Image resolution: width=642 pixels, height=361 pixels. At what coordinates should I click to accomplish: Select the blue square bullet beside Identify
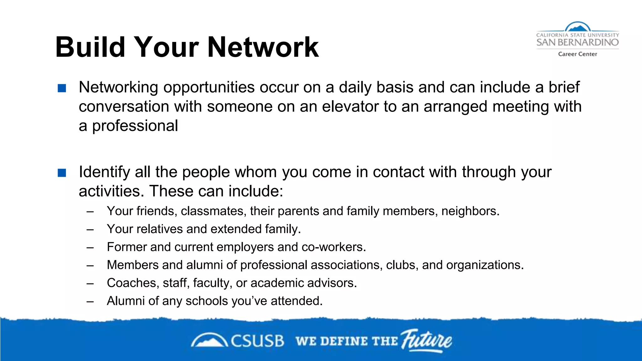pyautogui.click(x=62, y=173)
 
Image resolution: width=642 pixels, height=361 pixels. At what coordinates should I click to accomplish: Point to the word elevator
pyautogui.click(x=350, y=107)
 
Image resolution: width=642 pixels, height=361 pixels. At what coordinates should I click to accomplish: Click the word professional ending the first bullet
pyautogui.click(x=135, y=126)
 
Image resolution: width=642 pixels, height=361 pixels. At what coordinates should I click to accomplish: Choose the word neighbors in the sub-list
pyautogui.click(x=470, y=211)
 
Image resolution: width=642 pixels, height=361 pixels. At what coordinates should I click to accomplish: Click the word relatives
pyautogui.click(x=160, y=229)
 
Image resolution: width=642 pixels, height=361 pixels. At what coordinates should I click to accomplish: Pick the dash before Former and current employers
pyautogui.click(x=90, y=248)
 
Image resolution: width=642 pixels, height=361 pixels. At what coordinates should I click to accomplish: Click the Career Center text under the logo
pyautogui.click(x=577, y=54)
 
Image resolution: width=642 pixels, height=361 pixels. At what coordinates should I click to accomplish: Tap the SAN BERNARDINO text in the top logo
pyautogui.click(x=577, y=42)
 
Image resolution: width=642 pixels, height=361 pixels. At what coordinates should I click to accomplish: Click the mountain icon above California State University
pyautogui.click(x=577, y=27)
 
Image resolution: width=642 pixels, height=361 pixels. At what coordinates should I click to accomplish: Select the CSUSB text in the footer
pyautogui.click(x=257, y=341)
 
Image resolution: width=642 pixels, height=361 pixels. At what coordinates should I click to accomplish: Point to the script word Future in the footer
pyautogui.click(x=427, y=340)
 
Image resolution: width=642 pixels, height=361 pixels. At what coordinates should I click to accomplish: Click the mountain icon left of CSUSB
pyautogui.click(x=209, y=341)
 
